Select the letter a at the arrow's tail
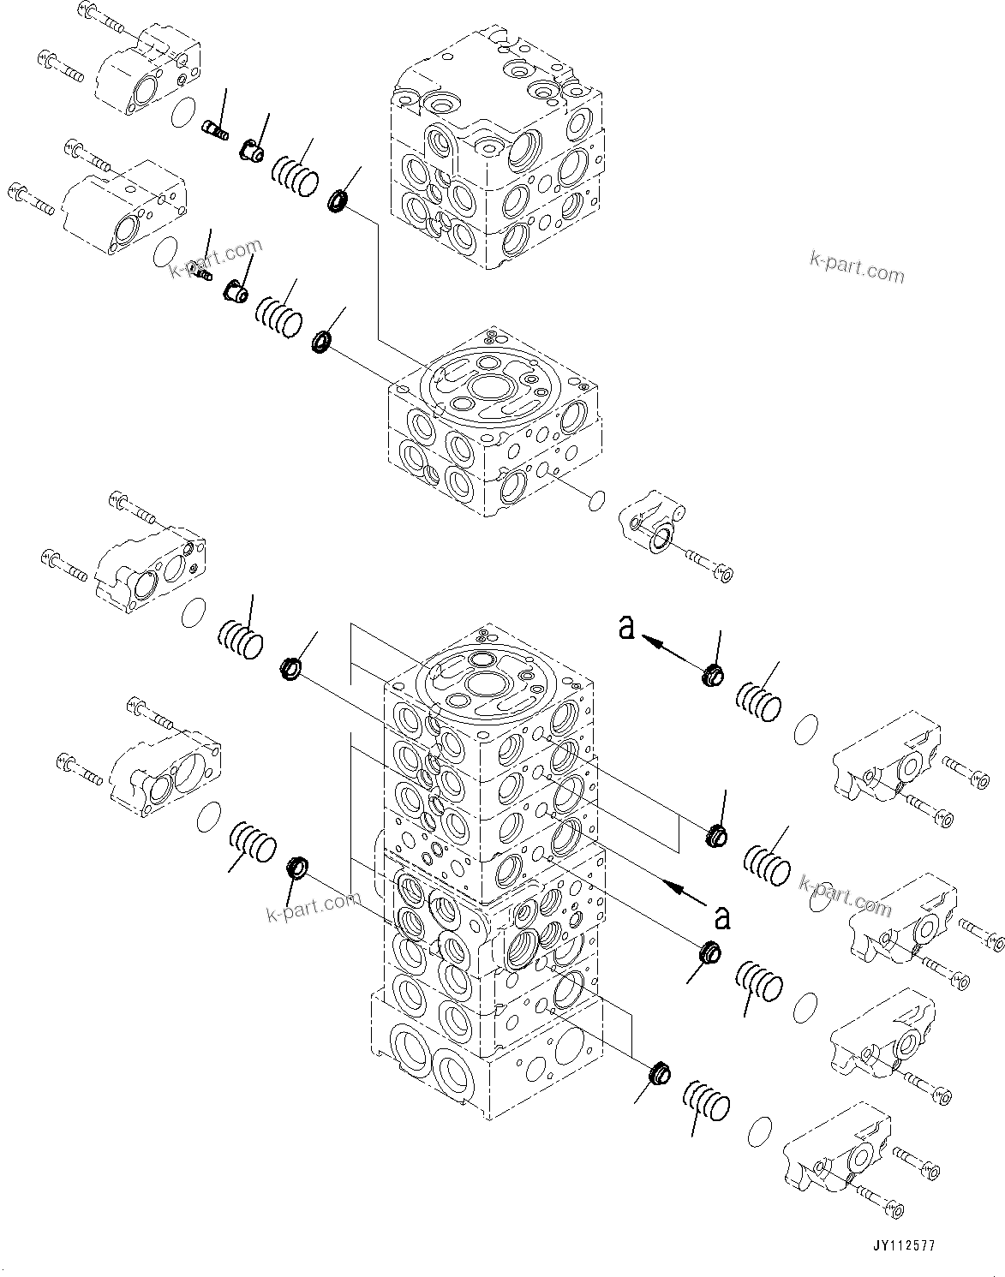point(722,917)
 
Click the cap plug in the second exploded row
point(235,291)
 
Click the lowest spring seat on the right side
point(658,1071)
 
